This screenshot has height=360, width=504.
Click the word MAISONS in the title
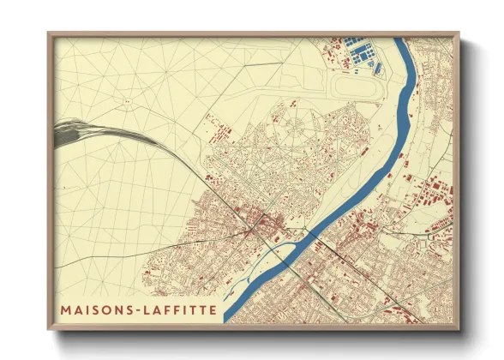[95, 306]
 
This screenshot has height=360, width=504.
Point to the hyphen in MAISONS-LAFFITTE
[133, 306]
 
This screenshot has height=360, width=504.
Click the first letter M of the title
[66, 306]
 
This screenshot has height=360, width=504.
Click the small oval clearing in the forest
[127, 99]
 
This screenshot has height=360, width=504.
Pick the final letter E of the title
[212, 306]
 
